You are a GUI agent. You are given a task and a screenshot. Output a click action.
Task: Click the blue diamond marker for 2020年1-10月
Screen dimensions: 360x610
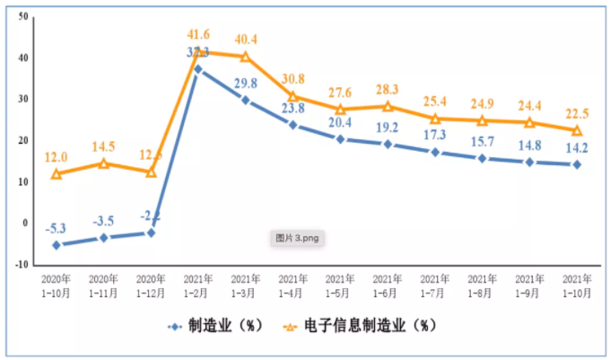point(57,244)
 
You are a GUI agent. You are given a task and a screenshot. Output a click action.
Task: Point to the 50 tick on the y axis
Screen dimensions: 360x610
point(21,17)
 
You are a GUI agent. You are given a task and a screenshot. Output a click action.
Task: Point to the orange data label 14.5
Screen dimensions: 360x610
point(104,145)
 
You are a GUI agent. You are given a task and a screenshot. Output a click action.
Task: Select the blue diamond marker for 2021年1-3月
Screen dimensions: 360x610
point(246,100)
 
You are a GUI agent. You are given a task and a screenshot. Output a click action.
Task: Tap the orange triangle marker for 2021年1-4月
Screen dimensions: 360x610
point(293,95)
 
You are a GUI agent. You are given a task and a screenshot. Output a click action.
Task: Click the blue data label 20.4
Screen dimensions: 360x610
point(340,122)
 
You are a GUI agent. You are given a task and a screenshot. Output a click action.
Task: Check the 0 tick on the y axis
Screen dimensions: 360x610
point(24,224)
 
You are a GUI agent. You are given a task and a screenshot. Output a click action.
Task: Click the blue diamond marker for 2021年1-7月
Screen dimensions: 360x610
point(435,152)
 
